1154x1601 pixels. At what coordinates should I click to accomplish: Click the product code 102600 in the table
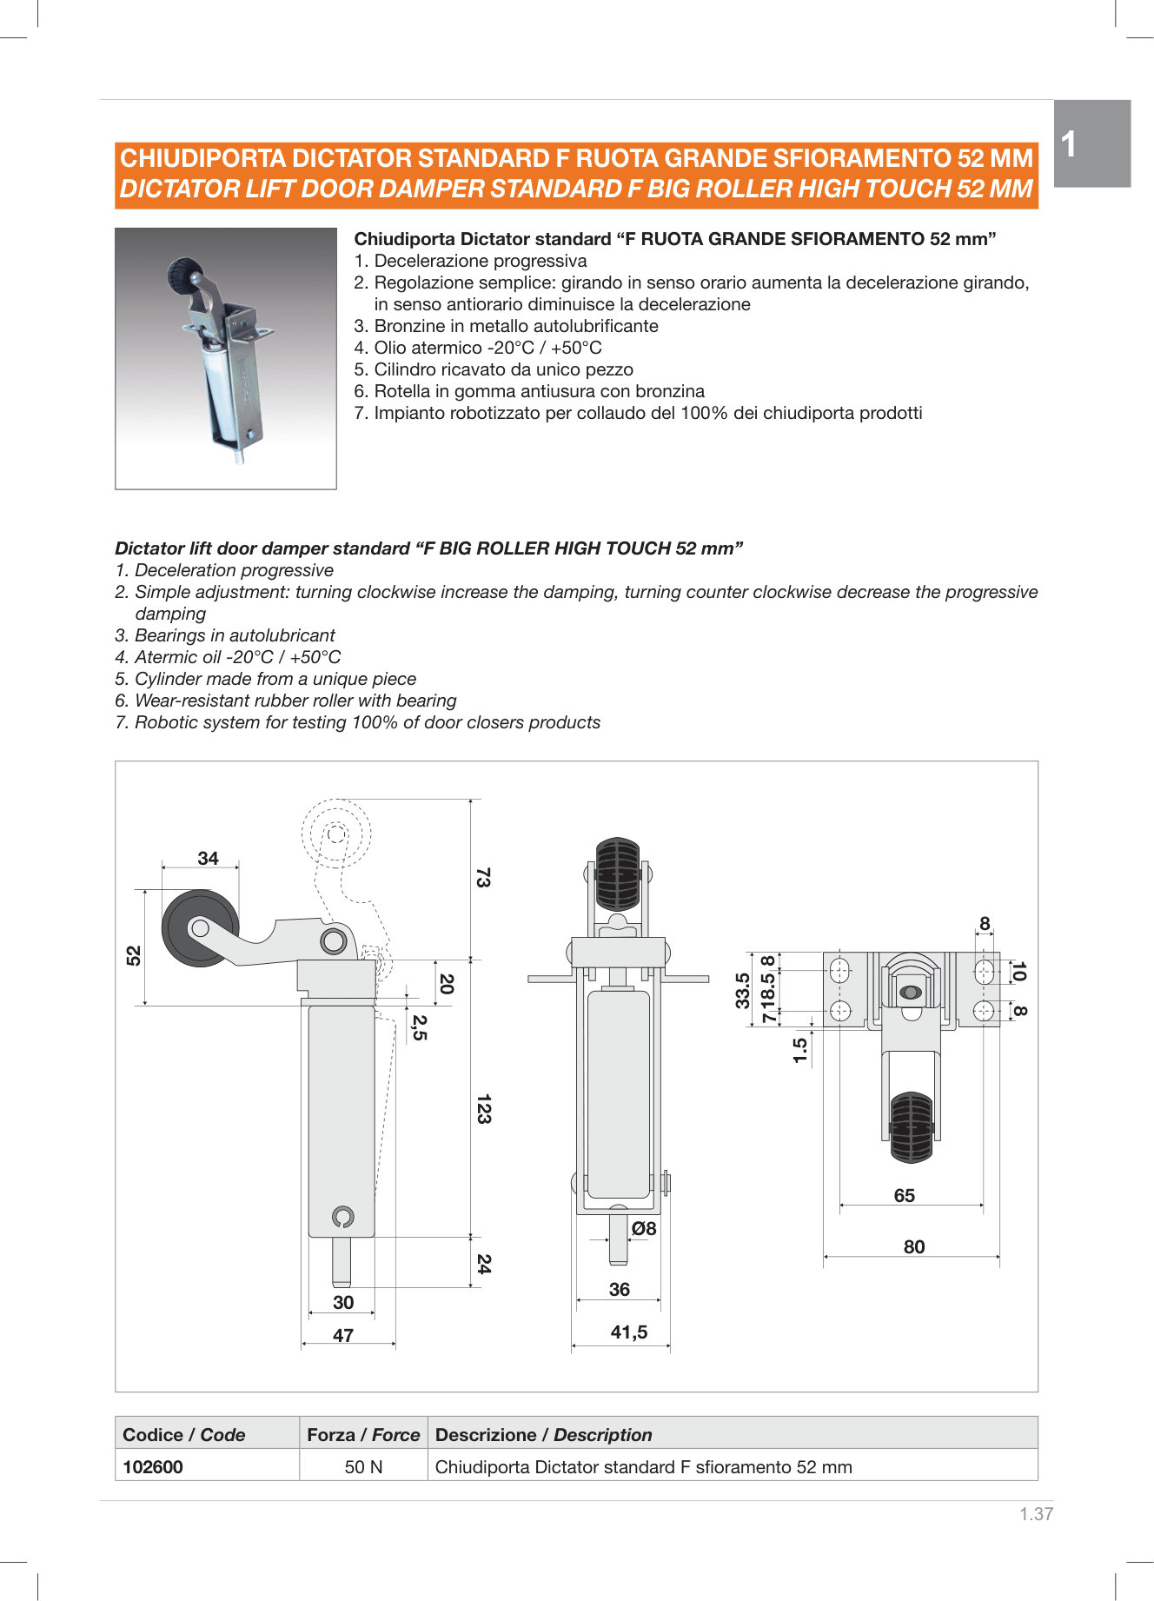coord(153,1467)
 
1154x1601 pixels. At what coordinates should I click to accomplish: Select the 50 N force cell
coord(363,1467)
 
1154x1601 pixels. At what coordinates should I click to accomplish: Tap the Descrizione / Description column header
coord(543,1435)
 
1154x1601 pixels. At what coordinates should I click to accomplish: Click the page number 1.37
coord(1036,1514)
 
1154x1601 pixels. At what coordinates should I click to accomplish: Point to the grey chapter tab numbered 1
coord(1091,143)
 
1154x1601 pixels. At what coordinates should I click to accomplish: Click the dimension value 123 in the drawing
coord(483,1109)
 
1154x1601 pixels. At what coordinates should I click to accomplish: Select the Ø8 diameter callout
coord(644,1229)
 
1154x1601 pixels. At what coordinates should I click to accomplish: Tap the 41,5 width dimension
coord(628,1332)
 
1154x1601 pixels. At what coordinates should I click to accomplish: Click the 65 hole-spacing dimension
coord(904,1196)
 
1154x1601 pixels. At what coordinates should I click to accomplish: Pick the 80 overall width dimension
coord(913,1247)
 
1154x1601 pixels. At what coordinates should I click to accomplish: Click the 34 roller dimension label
coord(208,859)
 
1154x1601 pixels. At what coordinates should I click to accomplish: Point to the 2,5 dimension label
coord(419,1027)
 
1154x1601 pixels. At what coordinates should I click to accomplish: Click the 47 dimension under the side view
coord(343,1336)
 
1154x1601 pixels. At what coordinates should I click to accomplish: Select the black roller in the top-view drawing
coord(911,1127)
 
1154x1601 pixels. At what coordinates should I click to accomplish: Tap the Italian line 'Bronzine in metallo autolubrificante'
coord(515,326)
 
